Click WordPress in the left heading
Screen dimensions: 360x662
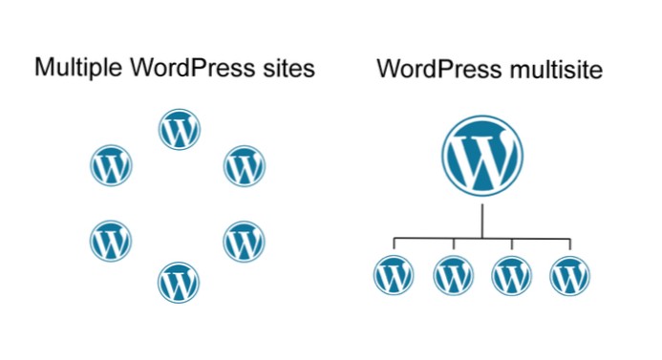182,69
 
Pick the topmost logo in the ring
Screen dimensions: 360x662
179,130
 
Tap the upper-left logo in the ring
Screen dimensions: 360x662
111,166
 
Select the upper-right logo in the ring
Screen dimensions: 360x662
245,166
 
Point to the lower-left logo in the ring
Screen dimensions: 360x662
111,241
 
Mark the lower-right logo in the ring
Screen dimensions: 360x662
245,241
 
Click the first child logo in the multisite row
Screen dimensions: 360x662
394,276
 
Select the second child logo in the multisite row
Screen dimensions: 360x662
453,276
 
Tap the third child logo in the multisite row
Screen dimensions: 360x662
512,276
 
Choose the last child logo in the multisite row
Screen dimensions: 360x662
570,276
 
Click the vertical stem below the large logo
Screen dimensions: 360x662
482,220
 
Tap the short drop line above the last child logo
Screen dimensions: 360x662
570,245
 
